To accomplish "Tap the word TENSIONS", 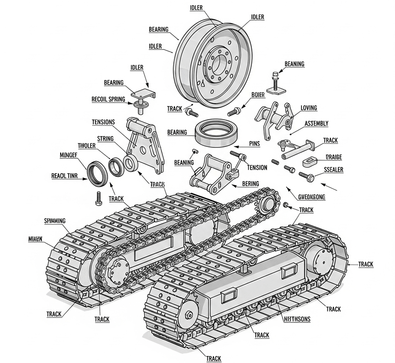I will click(x=103, y=122).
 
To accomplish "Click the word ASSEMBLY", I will click(x=316, y=123).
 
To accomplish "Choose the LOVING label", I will click(x=309, y=108).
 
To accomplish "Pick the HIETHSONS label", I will click(x=296, y=319).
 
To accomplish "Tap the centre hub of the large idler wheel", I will click(x=218, y=64).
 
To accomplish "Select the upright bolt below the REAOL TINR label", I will click(x=98, y=197).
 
